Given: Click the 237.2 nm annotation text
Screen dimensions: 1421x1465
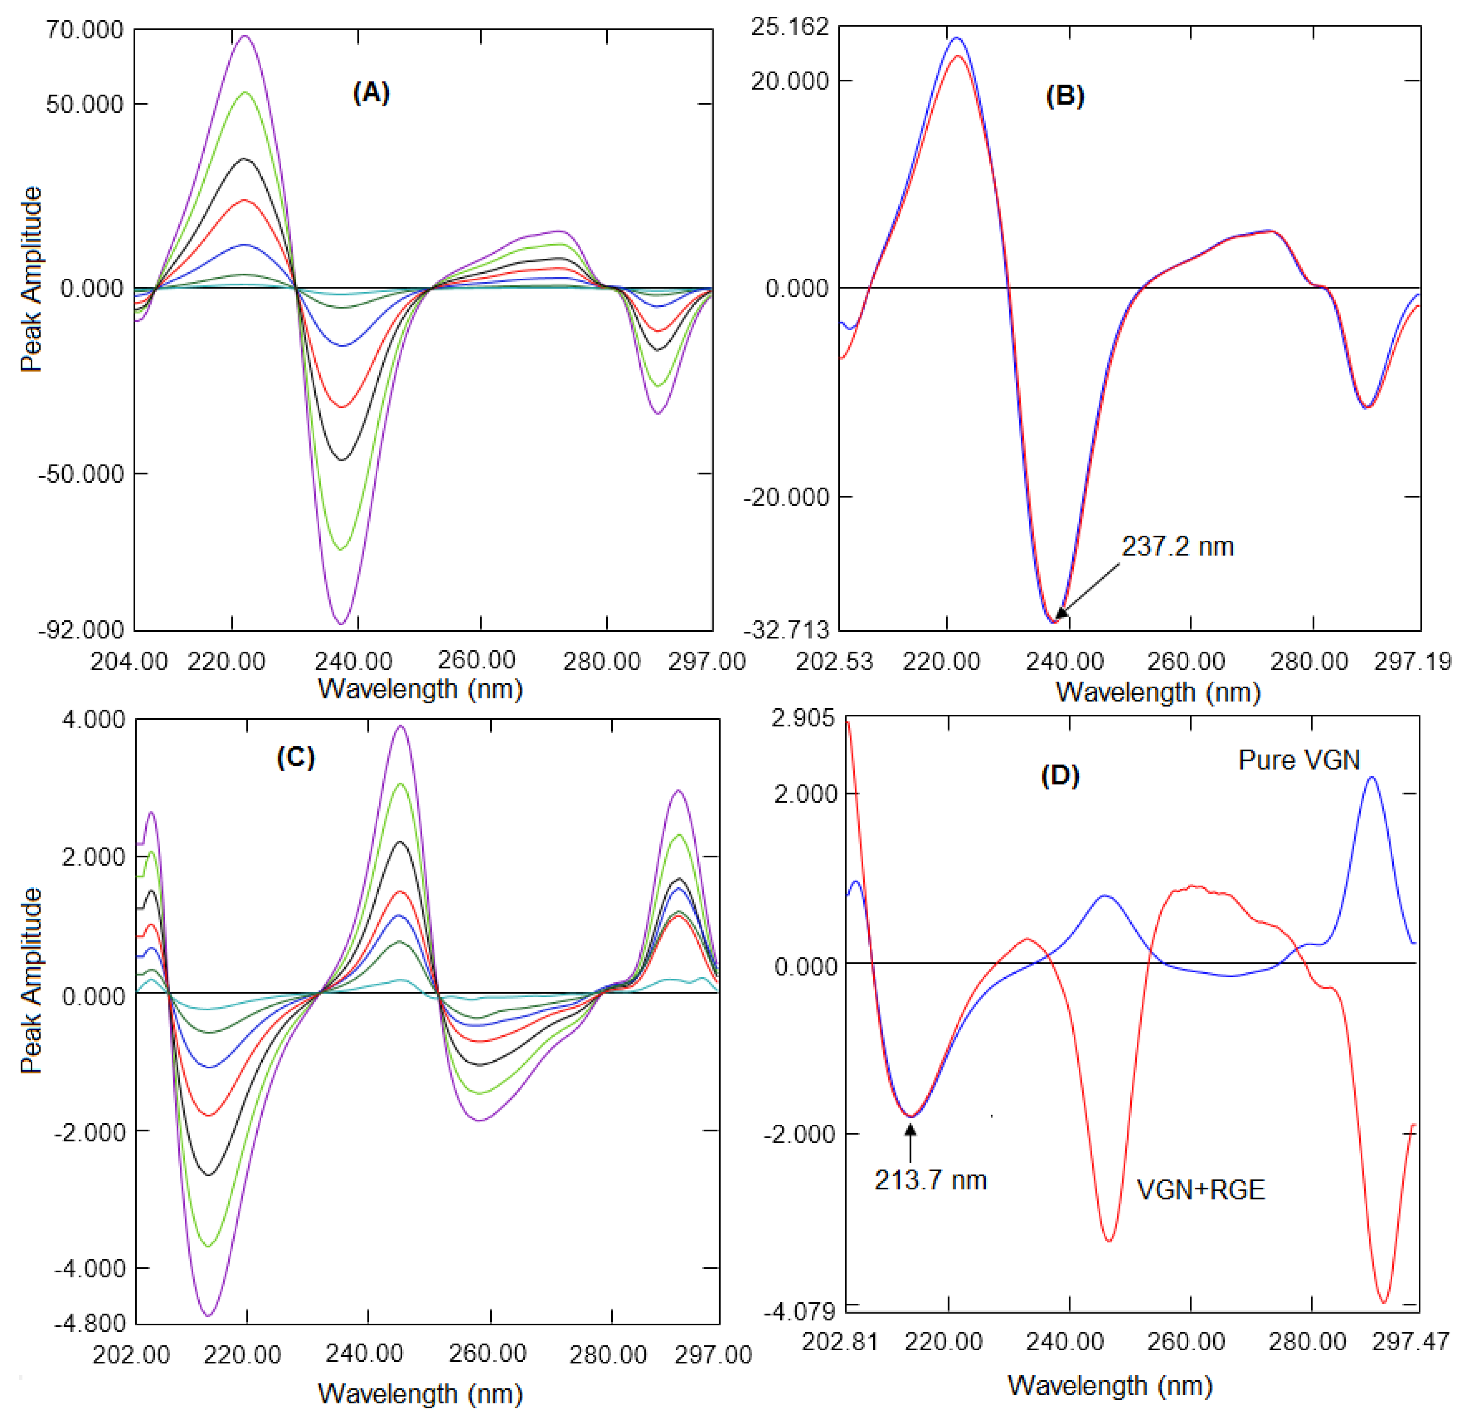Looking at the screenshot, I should pos(1177,546).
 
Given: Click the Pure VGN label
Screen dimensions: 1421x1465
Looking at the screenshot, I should pos(1299,760).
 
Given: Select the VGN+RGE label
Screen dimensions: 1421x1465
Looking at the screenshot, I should pos(1201,1189).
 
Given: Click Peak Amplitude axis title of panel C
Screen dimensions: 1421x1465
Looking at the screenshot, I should pos(31,981).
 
